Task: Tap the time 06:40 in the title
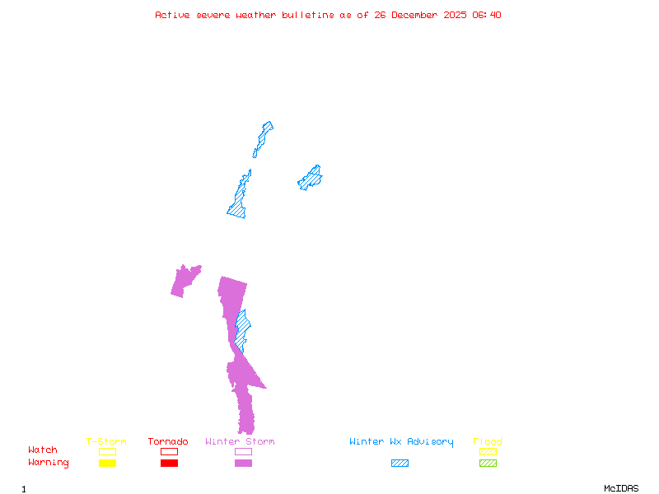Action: tap(485, 15)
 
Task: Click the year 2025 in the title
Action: tap(454, 15)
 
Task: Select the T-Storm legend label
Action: tap(106, 442)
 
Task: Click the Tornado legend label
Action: tap(168, 442)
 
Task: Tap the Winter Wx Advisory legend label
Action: tap(401, 442)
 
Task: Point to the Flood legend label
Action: tap(488, 442)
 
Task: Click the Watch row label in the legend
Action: tap(43, 450)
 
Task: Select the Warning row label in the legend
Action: tap(49, 463)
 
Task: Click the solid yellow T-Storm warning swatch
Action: tap(107, 464)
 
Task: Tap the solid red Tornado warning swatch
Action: tap(169, 464)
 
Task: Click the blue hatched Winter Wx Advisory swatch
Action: tap(400, 464)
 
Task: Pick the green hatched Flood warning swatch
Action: tap(488, 464)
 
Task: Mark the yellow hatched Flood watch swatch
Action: tap(488, 451)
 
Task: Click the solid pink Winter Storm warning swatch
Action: tap(243, 464)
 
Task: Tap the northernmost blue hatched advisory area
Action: tap(263, 137)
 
